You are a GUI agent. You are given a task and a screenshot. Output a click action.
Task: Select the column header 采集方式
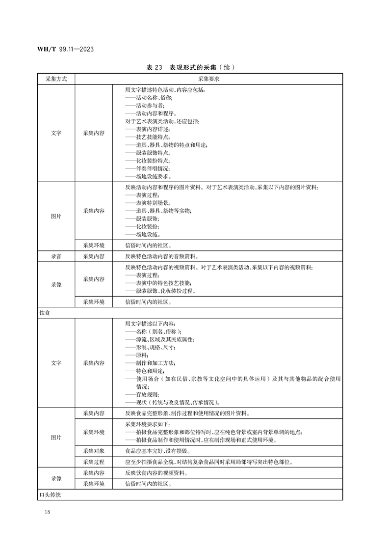click(x=56, y=79)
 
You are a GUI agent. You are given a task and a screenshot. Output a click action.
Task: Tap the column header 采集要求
click(x=208, y=79)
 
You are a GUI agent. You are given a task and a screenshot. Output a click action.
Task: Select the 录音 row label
click(x=56, y=256)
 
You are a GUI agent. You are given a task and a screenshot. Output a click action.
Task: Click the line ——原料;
click(x=137, y=355)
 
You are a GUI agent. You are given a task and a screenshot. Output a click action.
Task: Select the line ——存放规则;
click(x=142, y=394)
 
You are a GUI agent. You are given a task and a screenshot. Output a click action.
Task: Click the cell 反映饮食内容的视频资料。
click(x=156, y=473)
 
